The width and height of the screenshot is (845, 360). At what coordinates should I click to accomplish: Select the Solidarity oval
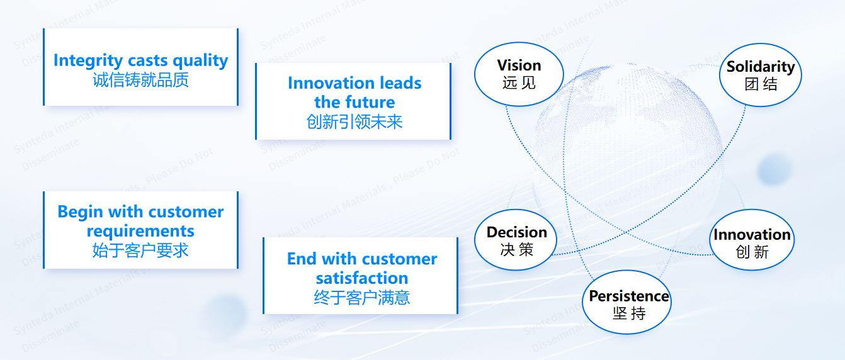pos(760,75)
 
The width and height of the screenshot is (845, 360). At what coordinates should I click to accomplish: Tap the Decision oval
pos(516,240)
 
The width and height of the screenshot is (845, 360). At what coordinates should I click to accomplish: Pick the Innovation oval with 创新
pos(752,243)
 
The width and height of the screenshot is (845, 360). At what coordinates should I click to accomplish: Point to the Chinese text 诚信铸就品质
pos(140,80)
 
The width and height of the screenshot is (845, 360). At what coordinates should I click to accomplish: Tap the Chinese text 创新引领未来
pos(354,121)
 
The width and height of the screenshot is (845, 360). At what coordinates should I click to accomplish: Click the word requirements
pos(140,230)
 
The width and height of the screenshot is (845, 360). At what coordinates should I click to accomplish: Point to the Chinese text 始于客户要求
pos(140,250)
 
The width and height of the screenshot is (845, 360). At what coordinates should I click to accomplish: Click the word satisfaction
pos(361,278)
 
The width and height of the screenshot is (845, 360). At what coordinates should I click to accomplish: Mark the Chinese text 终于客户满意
pos(361,297)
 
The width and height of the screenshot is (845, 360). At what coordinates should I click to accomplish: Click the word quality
pos(200,60)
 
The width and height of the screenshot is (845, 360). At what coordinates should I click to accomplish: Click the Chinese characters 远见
pos(519,82)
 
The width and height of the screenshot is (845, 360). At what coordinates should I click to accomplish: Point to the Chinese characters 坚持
pos(629,313)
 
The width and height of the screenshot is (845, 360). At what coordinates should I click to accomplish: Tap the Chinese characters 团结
pos(761,84)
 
